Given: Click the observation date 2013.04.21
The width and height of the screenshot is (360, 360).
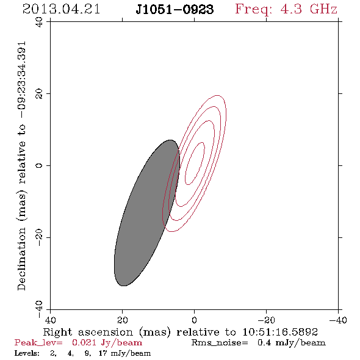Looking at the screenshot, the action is pyautogui.click(x=61, y=9).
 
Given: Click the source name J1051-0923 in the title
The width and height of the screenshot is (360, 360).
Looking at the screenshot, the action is pyautogui.click(x=175, y=10).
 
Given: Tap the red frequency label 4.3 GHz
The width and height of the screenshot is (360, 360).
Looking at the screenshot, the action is pyautogui.click(x=309, y=9).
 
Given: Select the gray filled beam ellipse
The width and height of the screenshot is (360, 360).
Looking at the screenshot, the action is pyautogui.click(x=147, y=213).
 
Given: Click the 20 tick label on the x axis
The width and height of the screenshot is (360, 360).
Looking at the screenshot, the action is pyautogui.click(x=123, y=320).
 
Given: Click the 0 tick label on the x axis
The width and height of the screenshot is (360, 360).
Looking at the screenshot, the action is pyautogui.click(x=194, y=320).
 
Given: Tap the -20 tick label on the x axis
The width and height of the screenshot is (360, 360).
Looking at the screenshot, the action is pyautogui.click(x=266, y=320).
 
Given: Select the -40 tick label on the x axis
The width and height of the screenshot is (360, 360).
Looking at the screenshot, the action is pyautogui.click(x=338, y=320).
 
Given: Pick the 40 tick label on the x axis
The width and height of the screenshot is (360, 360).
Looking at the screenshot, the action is pyautogui.click(x=50, y=320).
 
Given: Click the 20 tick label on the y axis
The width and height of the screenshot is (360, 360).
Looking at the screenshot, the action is pyautogui.click(x=39, y=94).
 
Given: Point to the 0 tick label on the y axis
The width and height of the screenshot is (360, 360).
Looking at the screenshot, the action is pyautogui.click(x=39, y=165).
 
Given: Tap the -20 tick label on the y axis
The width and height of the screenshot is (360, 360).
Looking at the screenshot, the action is pyautogui.click(x=39, y=237).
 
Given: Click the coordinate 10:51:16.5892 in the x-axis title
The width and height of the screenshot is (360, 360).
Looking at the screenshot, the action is pyautogui.click(x=280, y=332).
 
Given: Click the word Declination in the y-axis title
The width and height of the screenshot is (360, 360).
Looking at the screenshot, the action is pyautogui.click(x=21, y=259).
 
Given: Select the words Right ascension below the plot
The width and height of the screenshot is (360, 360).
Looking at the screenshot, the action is pyautogui.click(x=88, y=332).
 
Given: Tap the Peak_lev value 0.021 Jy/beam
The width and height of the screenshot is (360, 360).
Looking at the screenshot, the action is pyautogui.click(x=107, y=343).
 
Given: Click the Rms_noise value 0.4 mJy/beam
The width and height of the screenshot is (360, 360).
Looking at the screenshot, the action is pyautogui.click(x=292, y=343).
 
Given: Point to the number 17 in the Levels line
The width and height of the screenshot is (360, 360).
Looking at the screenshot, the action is pyautogui.click(x=103, y=353).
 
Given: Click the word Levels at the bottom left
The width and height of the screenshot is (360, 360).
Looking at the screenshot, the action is pyautogui.click(x=27, y=353).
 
